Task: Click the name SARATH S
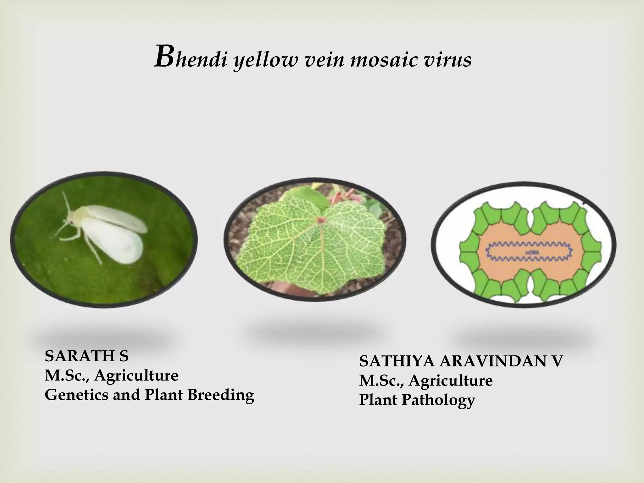click(x=86, y=356)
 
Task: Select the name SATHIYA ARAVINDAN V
click(x=460, y=362)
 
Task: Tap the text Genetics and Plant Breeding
click(x=149, y=395)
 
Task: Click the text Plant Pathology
click(x=417, y=400)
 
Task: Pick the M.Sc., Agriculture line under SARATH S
click(x=111, y=375)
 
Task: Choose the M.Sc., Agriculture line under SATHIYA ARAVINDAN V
click(x=426, y=381)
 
